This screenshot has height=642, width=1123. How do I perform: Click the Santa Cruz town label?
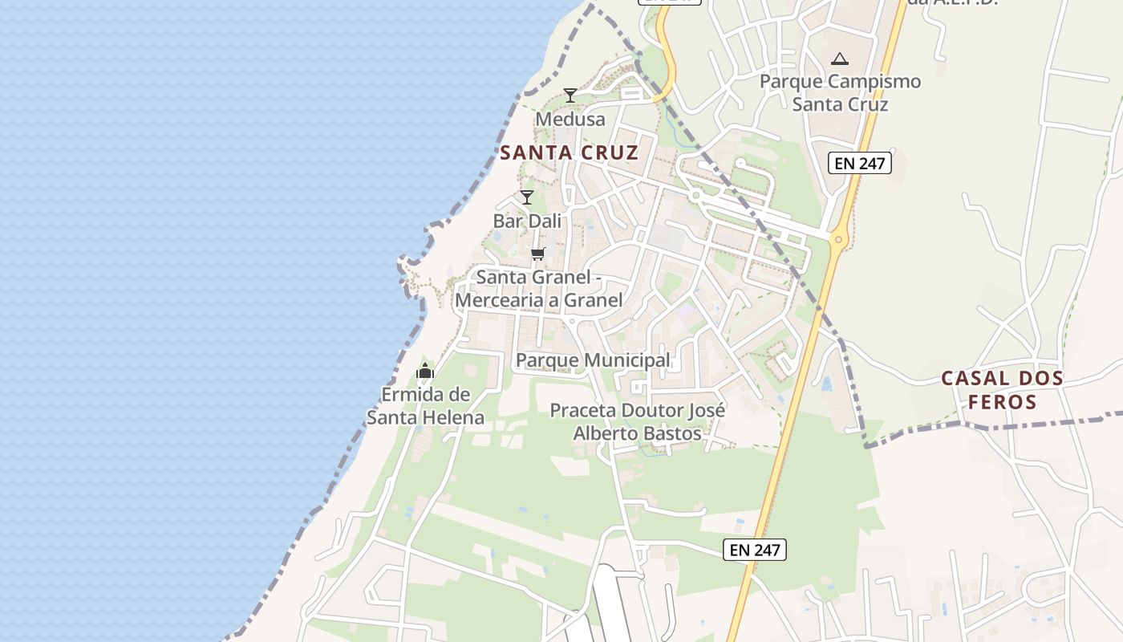(x=569, y=152)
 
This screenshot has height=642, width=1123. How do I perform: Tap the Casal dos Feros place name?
(x=1002, y=389)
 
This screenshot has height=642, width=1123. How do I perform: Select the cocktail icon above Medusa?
(x=570, y=95)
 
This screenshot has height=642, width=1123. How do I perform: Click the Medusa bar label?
(x=570, y=120)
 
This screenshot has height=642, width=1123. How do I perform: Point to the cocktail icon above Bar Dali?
(x=526, y=197)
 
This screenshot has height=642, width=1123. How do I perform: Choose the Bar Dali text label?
(x=526, y=221)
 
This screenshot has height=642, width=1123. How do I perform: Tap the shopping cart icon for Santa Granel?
(x=537, y=254)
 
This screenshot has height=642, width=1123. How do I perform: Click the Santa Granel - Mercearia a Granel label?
(x=538, y=289)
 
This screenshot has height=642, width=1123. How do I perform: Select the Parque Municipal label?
(x=593, y=360)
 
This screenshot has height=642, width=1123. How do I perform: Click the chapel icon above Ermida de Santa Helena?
(x=425, y=371)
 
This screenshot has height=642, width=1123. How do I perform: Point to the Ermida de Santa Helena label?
(x=425, y=406)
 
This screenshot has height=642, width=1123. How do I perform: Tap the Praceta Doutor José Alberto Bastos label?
(x=637, y=422)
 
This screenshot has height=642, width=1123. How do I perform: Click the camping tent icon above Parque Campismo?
(x=840, y=59)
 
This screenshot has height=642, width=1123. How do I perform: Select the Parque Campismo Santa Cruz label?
(x=840, y=92)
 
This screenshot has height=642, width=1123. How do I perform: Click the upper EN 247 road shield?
(x=860, y=164)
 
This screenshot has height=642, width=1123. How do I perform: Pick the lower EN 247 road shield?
(x=754, y=550)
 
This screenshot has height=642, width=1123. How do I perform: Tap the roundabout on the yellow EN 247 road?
(x=838, y=238)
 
